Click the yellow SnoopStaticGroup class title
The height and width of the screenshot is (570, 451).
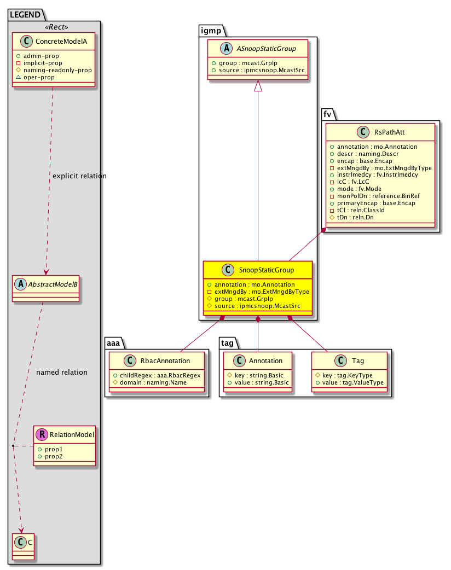266,270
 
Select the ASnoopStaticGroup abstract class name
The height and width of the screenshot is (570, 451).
267,49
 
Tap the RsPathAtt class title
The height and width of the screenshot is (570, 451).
389,131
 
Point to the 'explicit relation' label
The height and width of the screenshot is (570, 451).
79,176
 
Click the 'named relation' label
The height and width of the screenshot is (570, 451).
61,373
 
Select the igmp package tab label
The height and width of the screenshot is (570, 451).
210,30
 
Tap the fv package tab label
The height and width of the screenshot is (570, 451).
328,114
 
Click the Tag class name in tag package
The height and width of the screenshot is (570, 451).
359,360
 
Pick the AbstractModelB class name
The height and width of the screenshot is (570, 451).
50,283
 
